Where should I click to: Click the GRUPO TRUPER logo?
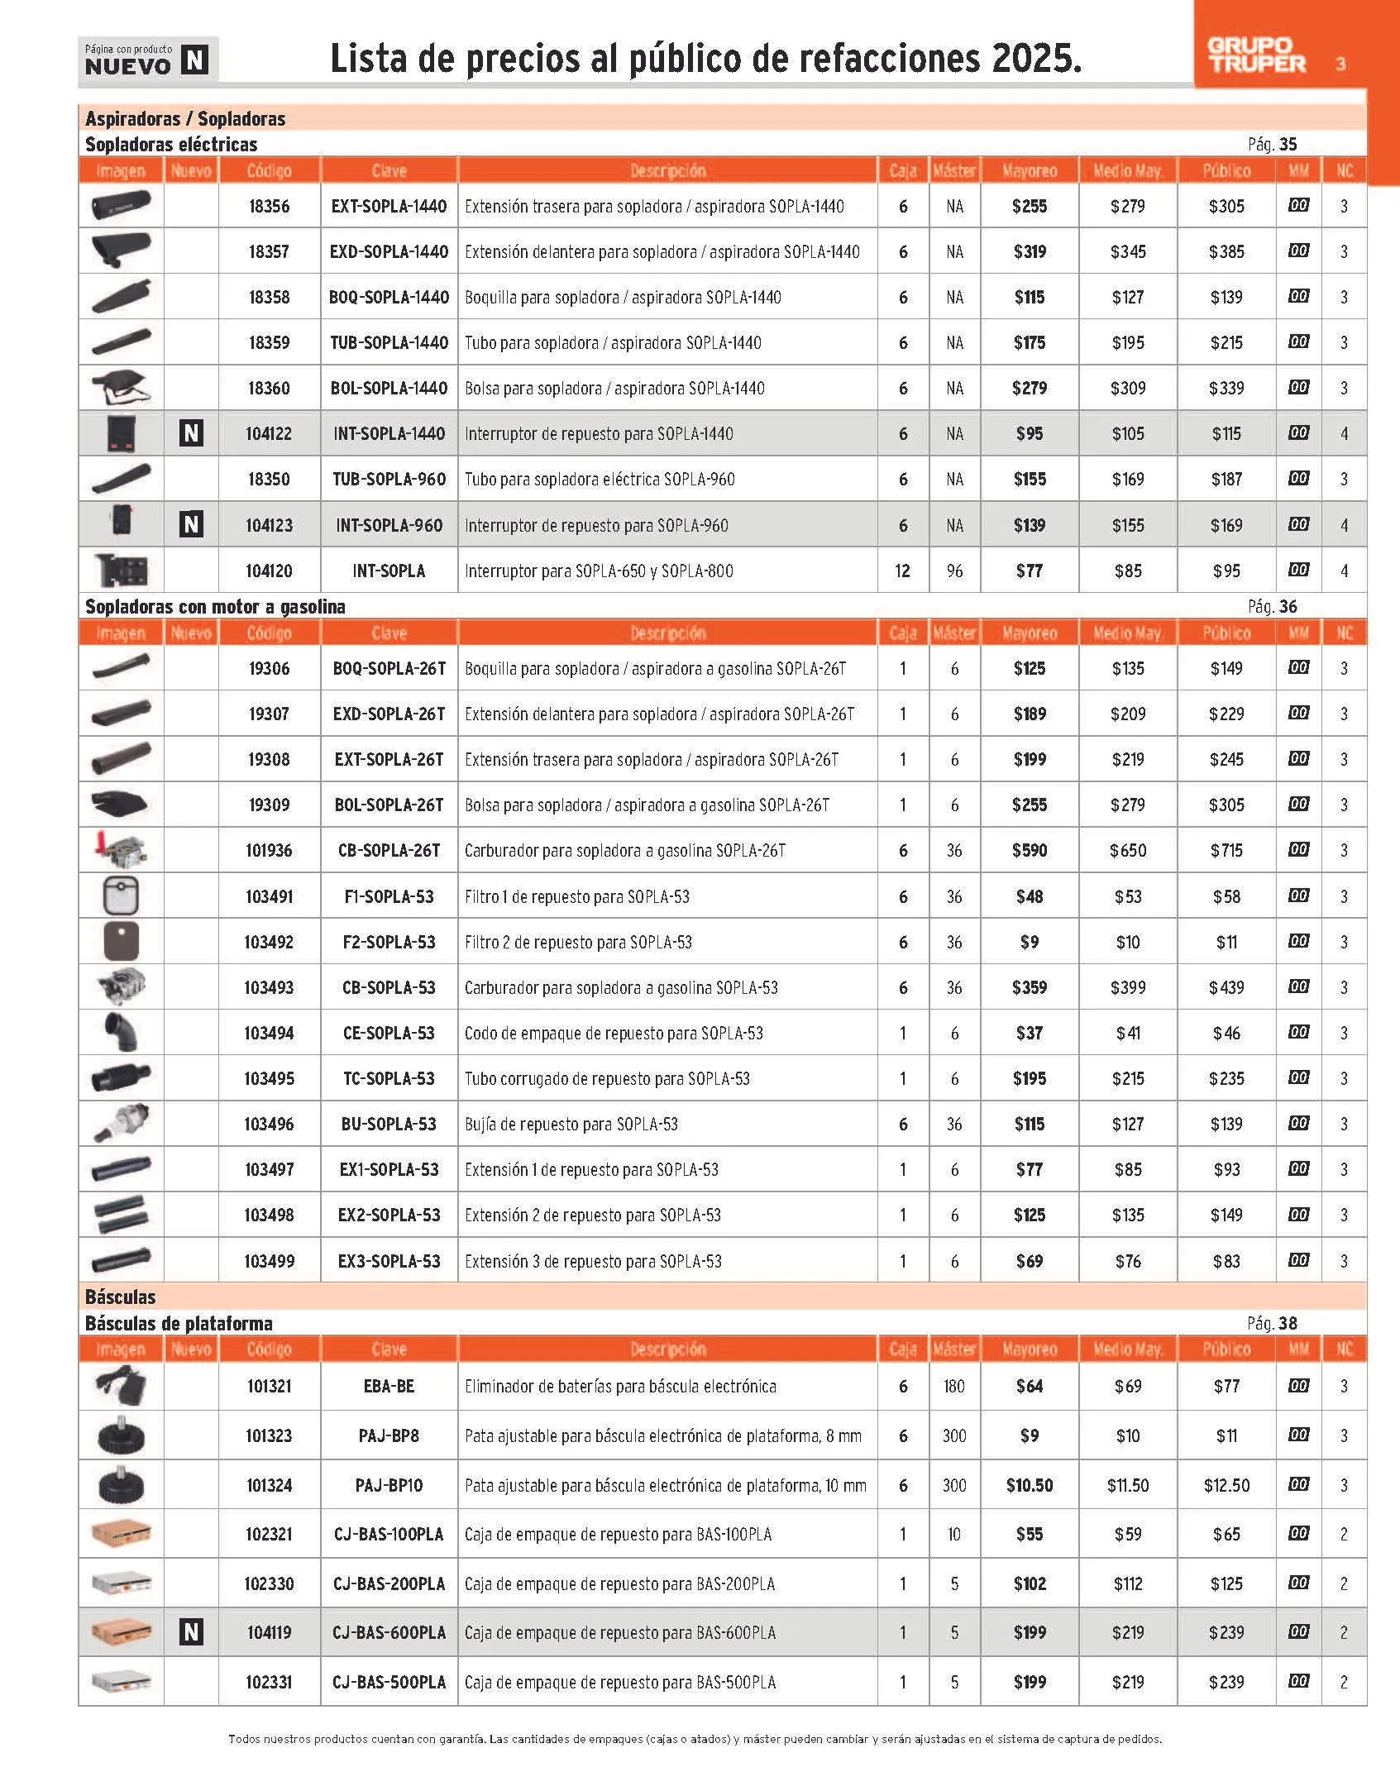1256,56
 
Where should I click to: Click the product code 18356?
269,207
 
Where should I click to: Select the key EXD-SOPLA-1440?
389,252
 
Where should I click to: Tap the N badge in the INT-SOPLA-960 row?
191,524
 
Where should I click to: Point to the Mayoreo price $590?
1030,851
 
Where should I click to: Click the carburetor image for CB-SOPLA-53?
121,986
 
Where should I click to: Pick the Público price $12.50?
1226,1485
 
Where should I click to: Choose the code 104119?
269,1632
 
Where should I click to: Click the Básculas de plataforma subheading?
179,1323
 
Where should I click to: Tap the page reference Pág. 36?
1272,607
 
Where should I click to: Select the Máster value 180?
954,1386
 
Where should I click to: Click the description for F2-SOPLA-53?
578,942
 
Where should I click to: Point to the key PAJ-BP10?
389,1485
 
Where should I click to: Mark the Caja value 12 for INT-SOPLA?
902,571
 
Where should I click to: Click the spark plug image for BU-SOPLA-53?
121,1123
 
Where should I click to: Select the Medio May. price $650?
1128,851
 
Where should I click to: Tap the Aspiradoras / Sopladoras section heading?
185,118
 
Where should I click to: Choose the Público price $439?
1226,987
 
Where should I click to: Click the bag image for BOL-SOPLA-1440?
121,387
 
